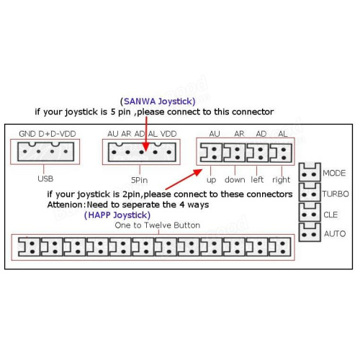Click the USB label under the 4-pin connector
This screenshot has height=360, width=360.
pos(45,179)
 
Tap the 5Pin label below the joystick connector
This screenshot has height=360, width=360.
pos(139,180)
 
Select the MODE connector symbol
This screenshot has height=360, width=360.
pos(310,172)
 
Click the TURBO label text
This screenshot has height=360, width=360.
pos(336,194)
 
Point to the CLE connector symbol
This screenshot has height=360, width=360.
pos(310,212)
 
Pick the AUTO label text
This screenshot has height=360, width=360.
pos(335,233)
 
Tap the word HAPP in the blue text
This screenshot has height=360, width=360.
pos(99,215)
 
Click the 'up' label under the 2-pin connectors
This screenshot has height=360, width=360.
pos(211,180)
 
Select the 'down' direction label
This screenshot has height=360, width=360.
pos(235,179)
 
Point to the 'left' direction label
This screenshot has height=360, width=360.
pos(257,179)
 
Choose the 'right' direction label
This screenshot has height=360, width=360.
pos(281,180)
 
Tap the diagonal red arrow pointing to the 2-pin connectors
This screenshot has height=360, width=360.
pos(184,179)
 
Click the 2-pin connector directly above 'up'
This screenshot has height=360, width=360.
pos(212,153)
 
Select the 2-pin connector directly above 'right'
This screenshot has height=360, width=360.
pos(281,153)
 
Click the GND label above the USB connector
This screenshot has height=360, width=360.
pos(27,134)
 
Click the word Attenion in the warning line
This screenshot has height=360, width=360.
pos(65,204)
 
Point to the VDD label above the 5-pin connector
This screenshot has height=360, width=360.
pos(168,134)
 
